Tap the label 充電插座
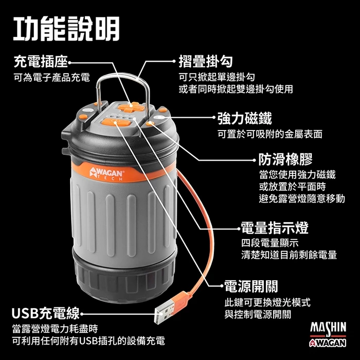point(40,63)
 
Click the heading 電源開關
point(251,286)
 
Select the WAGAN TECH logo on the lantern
point(106,173)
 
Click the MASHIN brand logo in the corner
point(328,327)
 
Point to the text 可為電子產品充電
point(51,78)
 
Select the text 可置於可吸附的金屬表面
point(270,134)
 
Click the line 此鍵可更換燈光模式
point(267,302)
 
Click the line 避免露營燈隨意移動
point(301,199)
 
